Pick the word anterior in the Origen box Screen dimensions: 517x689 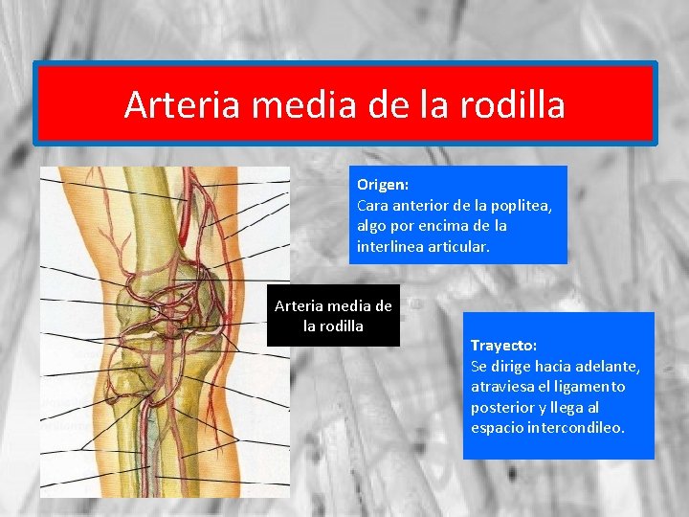[x=423, y=205]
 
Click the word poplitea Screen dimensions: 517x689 [x=521, y=205]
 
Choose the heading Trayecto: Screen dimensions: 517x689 [x=503, y=345]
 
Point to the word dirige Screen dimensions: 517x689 [x=512, y=366]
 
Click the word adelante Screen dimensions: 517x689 [x=608, y=366]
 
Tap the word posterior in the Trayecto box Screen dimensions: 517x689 [x=502, y=408]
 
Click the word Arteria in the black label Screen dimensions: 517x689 [x=300, y=306]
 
